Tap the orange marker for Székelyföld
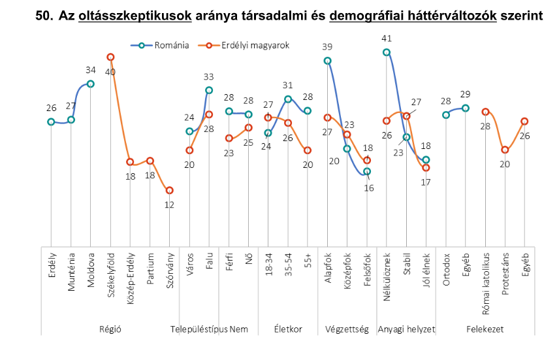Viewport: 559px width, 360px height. (110, 57)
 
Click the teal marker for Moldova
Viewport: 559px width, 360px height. (91, 84)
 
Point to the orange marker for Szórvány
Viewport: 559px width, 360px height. (169, 190)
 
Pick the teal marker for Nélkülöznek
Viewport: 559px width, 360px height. (387, 52)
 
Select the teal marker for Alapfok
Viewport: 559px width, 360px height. (327, 61)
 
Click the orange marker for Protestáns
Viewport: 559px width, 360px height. (505, 150)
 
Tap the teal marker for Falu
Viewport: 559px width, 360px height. (209, 90)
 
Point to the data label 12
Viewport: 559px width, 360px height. (169, 205)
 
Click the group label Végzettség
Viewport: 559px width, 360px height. (347, 329)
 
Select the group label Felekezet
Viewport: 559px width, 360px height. (485, 329)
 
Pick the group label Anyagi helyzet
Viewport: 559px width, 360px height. (406, 329)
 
